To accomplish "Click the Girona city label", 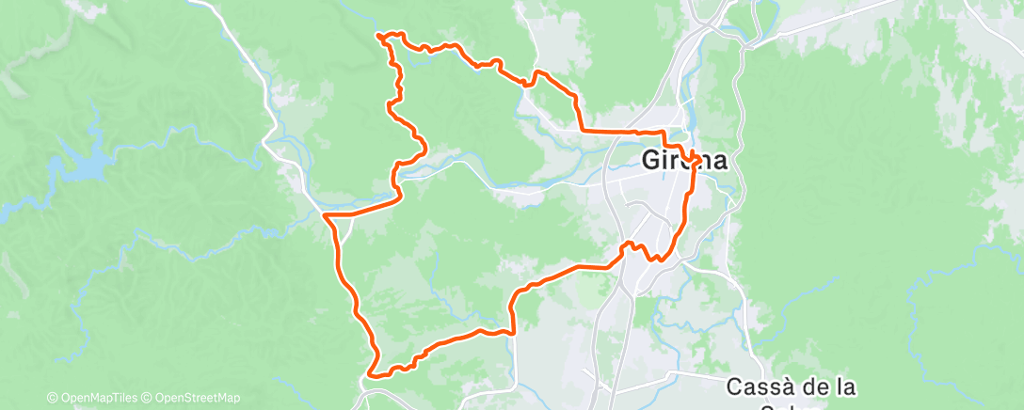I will click(x=684, y=161).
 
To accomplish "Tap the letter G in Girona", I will click(x=651, y=161).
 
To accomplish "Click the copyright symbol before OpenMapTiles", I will click(x=52, y=398).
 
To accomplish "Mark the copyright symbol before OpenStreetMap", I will click(x=147, y=398).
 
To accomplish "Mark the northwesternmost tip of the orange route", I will click(x=378, y=36).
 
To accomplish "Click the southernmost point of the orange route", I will click(x=374, y=375).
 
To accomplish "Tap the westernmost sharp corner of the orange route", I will click(x=326, y=216).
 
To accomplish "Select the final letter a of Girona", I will click(x=719, y=161).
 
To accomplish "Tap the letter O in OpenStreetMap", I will click(x=158, y=398).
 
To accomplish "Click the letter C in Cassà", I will click(x=735, y=386).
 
